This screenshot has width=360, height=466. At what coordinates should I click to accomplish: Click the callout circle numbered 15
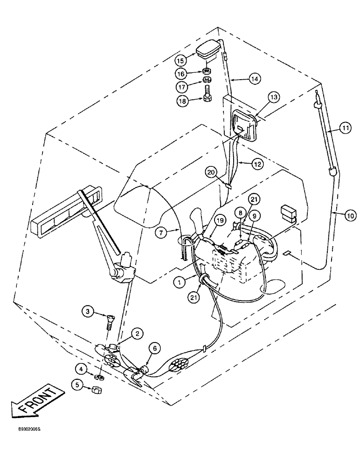pyautogui.click(x=181, y=60)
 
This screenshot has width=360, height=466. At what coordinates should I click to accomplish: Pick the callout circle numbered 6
pyautogui.click(x=156, y=347)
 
